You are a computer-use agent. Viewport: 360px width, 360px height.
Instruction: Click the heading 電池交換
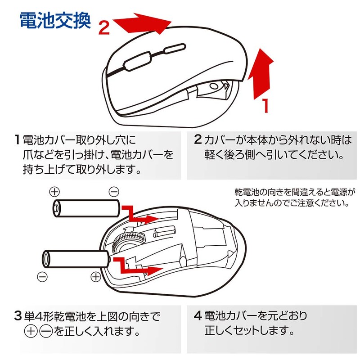(55, 20)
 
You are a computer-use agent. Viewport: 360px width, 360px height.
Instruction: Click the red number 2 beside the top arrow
(104, 28)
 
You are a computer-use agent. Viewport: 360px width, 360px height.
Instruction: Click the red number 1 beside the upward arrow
(265, 105)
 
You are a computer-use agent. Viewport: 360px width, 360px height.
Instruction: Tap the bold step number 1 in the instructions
(17, 139)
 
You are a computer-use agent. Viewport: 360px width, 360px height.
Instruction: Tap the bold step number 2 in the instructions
(197, 139)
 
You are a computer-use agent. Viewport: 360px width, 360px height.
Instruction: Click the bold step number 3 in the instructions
(17, 316)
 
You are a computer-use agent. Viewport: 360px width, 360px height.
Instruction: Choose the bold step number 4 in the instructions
(197, 316)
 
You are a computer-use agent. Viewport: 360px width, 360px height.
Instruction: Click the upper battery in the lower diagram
(85, 208)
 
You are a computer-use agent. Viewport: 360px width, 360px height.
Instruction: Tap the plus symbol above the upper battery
(54, 191)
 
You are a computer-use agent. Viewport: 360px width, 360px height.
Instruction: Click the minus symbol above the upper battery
(114, 191)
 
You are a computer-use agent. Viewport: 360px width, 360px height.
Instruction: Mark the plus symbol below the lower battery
(96, 277)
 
